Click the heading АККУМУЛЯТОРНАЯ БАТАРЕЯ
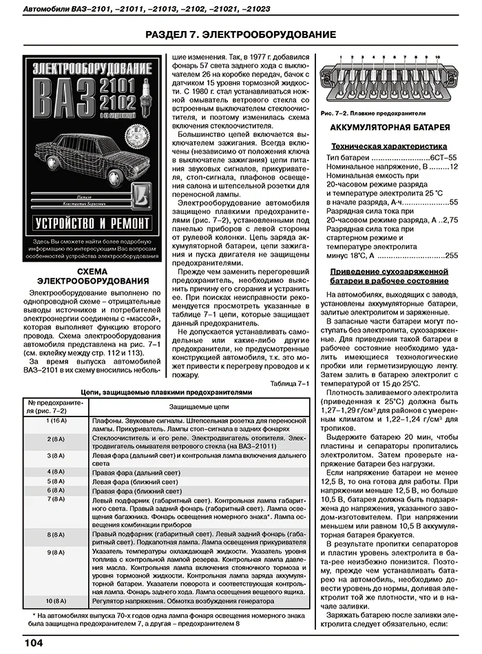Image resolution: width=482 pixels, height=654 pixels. point(390,128)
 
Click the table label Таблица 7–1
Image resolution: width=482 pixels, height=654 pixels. point(290,383)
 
